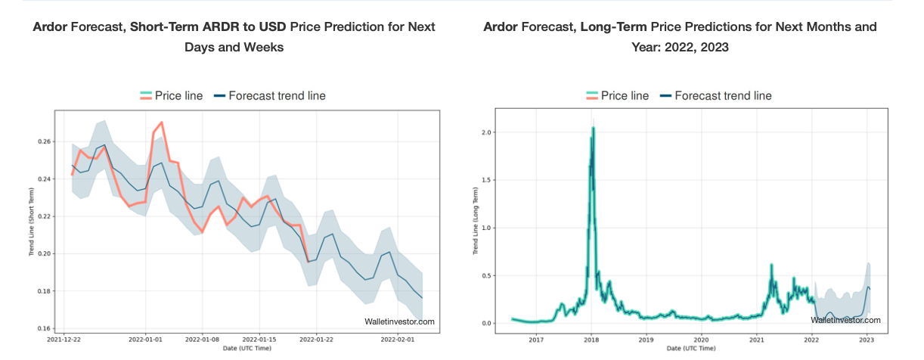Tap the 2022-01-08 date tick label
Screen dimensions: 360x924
click(x=203, y=341)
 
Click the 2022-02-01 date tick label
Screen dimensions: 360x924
click(x=398, y=341)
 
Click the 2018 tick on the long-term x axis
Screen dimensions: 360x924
click(x=591, y=341)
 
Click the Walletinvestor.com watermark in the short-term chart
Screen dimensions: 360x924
click(x=399, y=321)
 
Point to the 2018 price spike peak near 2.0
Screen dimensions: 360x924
click(x=593, y=129)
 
